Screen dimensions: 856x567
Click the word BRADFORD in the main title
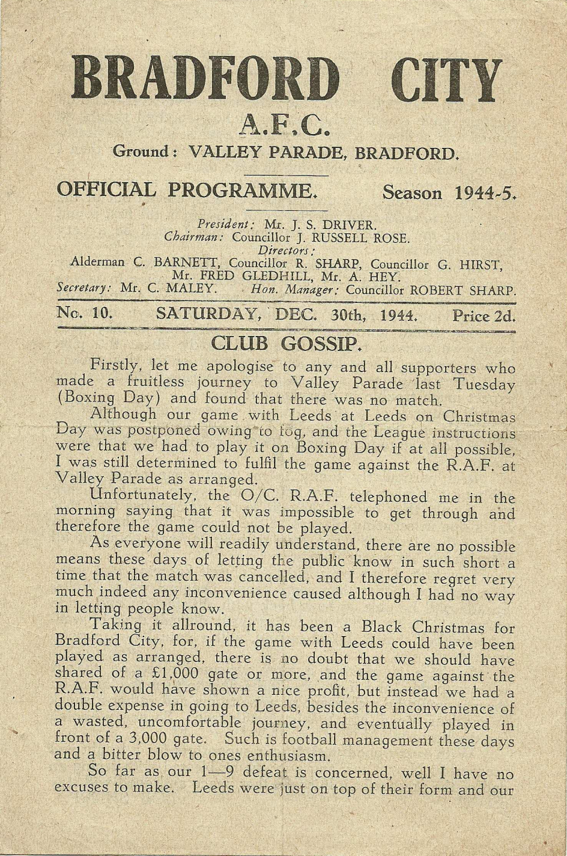point(202,79)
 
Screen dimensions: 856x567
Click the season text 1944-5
point(486,193)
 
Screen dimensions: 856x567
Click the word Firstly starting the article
point(114,365)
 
